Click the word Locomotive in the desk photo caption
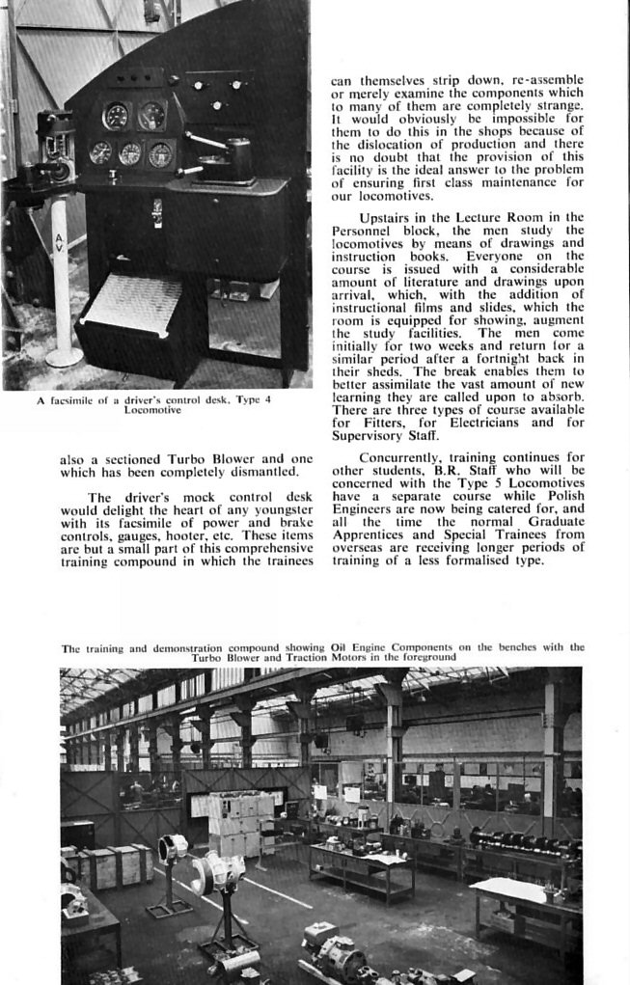pyautogui.click(x=153, y=409)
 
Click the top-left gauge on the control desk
pyautogui.click(x=115, y=116)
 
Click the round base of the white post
pyautogui.click(x=64, y=357)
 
